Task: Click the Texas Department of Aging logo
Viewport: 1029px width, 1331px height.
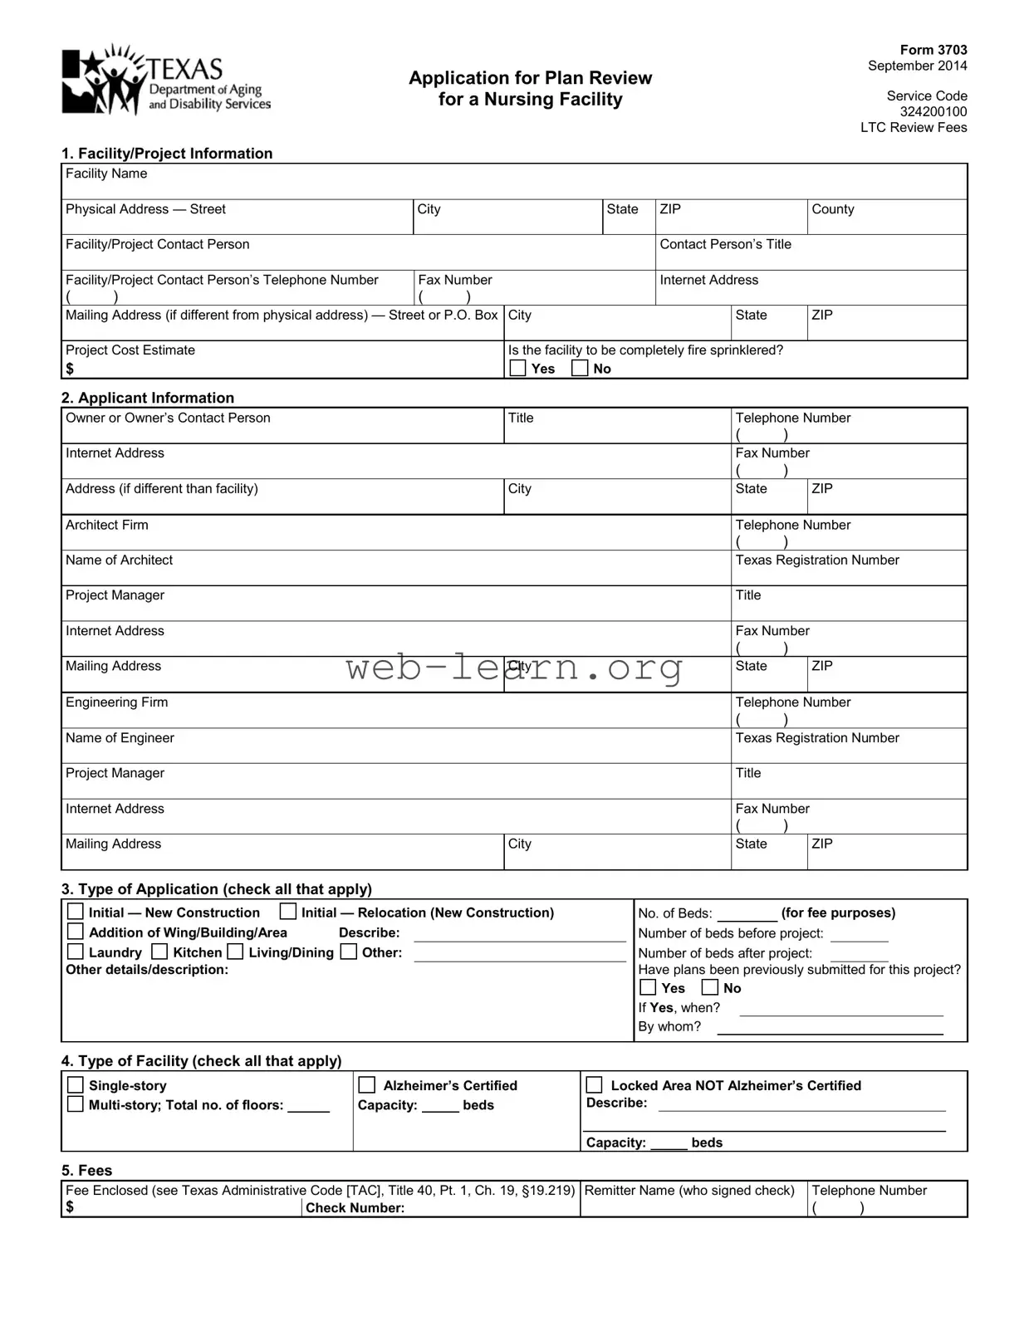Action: click(165, 81)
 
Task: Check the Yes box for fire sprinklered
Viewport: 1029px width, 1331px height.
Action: click(518, 368)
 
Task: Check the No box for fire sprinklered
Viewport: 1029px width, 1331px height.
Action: click(581, 368)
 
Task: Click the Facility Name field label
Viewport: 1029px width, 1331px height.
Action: click(106, 174)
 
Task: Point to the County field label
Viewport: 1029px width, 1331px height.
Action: click(832, 209)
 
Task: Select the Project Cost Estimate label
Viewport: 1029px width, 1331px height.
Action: click(130, 350)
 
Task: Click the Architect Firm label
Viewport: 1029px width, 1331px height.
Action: click(107, 525)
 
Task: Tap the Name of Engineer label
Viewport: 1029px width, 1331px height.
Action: click(120, 738)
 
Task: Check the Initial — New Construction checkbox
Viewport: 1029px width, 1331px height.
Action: click(76, 912)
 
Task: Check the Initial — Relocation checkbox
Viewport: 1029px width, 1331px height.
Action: click(288, 912)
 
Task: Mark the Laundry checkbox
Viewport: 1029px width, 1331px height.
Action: click(76, 952)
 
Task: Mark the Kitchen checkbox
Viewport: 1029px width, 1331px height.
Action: click(160, 952)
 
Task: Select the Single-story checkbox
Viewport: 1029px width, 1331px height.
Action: click(76, 1085)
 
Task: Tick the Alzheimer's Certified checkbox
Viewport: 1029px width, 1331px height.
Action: click(367, 1085)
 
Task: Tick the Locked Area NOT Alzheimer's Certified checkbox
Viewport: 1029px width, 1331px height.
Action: click(595, 1085)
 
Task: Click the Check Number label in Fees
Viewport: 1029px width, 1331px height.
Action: click(355, 1208)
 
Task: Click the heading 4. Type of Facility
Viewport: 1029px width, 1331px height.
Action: click(201, 1061)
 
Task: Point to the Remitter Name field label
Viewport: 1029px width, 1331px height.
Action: click(689, 1191)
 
